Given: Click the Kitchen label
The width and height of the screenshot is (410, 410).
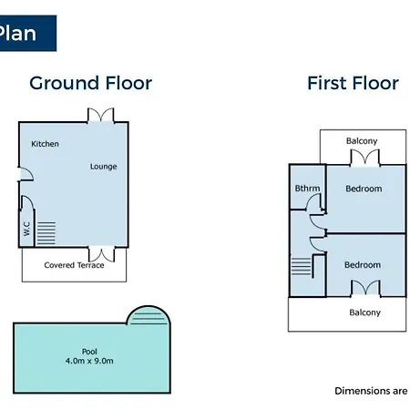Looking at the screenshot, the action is coord(45,144).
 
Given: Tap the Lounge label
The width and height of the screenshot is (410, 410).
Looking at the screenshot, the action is coord(103,167).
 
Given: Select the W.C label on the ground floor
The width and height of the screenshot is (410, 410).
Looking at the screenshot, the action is coord(26,229).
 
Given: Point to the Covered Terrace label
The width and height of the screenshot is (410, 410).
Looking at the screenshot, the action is coord(74,265).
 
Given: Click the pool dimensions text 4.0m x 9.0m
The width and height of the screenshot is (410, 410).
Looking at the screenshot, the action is coord(89,361).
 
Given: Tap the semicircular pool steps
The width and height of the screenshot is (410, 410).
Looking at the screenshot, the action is coord(149,315).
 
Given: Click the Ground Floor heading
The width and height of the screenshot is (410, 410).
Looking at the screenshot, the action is coord(90,83).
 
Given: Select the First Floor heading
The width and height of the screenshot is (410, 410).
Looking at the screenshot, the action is coord(353,83).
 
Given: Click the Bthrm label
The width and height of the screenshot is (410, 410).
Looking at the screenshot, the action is coord(307,189).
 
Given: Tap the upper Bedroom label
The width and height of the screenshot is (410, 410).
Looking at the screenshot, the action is coord(364,189).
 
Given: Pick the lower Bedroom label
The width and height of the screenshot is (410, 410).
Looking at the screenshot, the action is coord(363,265).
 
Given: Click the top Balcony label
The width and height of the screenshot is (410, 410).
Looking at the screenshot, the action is coord(362,141).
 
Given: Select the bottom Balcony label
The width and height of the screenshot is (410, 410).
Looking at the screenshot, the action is coord(364,313).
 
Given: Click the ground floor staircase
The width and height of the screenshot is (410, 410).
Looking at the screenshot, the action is coord(46,233).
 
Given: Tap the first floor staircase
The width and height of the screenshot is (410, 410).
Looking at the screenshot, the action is coord(302,266).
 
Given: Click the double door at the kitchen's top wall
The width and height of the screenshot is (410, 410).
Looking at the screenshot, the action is coord(101,115).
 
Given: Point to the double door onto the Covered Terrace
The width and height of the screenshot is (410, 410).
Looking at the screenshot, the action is coord(102,254).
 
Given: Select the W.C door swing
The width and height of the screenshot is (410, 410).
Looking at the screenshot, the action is coord(27,203).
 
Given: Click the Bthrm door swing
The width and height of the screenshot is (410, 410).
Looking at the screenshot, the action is coord(313,201).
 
